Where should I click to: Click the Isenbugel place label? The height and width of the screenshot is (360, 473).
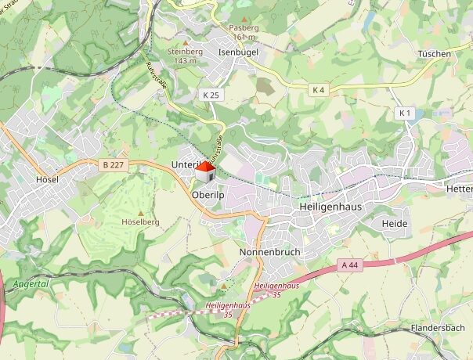pos(238,52)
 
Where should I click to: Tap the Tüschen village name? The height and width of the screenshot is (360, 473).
pos(434,54)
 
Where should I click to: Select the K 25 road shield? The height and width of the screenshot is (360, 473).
pos(211,95)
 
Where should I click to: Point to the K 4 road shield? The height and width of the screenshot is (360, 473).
pos(319,91)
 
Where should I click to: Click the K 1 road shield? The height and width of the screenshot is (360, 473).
pos(405,113)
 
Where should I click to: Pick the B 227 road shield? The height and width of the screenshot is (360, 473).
pos(114,164)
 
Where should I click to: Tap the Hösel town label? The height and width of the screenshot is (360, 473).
pos(48,179)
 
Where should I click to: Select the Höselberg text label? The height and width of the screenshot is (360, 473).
pos(141,222)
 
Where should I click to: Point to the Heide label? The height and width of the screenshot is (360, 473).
pos(395,223)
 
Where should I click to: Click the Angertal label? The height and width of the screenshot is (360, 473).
pos(31,284)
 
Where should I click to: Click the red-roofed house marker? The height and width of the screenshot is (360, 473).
pos(205,171)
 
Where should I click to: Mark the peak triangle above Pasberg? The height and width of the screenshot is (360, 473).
pos(244,19)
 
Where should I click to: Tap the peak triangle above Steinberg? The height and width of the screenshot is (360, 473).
pos(185,43)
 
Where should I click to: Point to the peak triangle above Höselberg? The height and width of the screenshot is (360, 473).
pos(141,213)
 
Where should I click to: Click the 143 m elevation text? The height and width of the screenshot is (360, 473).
pos(185,61)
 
